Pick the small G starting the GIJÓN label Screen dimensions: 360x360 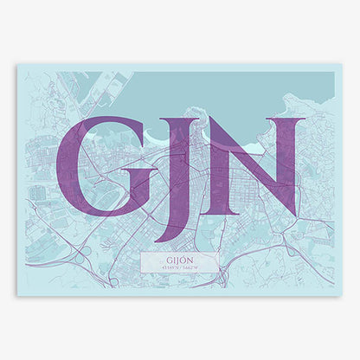point(164,257)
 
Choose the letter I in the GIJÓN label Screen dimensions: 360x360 point(171,257)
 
